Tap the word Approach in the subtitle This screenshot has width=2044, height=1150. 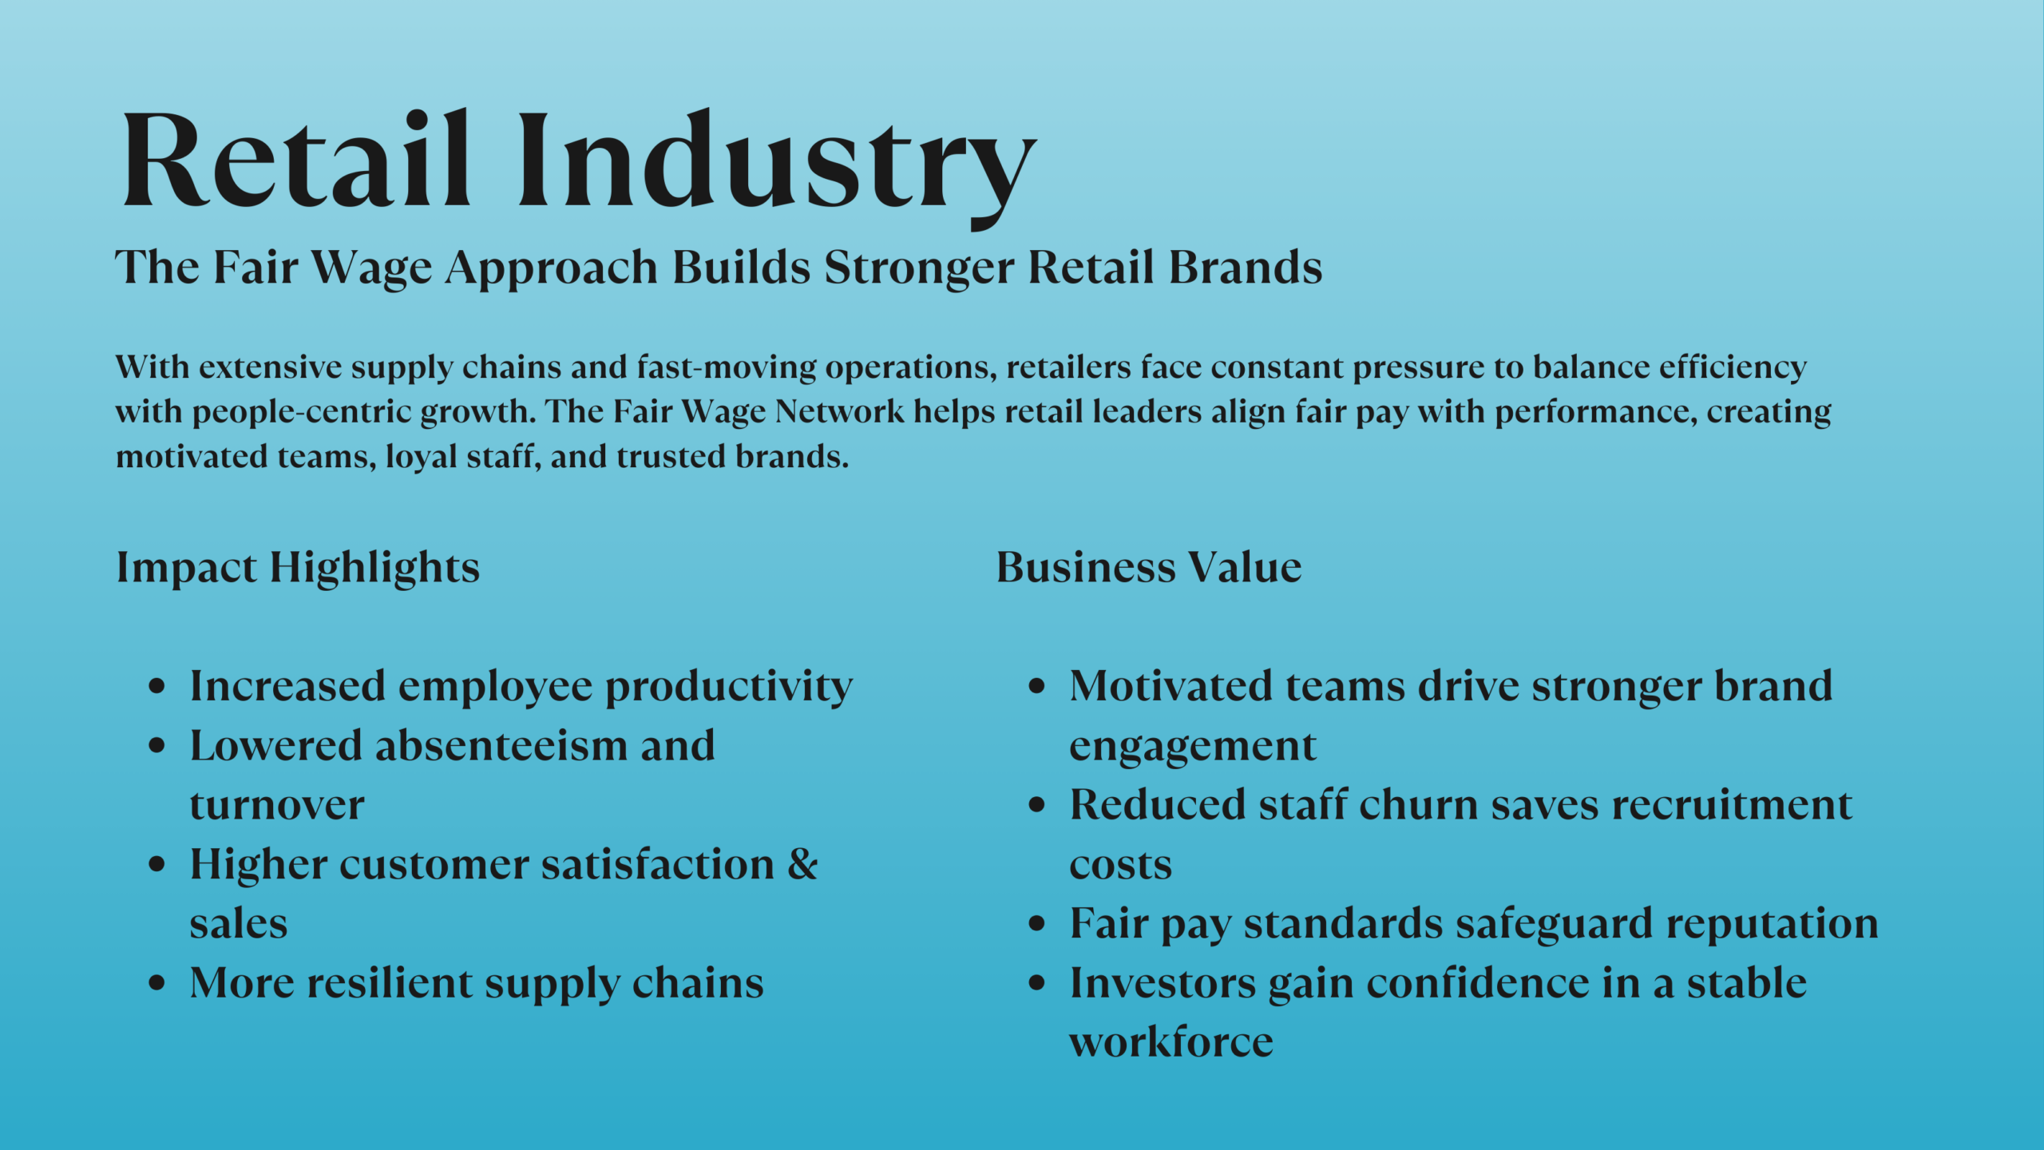point(552,268)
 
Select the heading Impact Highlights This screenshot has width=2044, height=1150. point(298,568)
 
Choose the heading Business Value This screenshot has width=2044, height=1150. point(1148,568)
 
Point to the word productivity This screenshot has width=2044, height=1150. point(728,688)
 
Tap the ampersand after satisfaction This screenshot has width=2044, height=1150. point(802,864)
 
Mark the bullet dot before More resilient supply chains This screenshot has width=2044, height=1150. point(157,983)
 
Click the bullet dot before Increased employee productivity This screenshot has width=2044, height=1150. point(157,686)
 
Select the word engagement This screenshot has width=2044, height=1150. point(1192,747)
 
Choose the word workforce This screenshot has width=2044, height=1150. point(1171,1042)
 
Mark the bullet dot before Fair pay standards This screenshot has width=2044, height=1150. point(1036,924)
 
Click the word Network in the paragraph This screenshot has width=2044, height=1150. point(839,412)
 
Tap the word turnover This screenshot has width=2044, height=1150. point(277,805)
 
